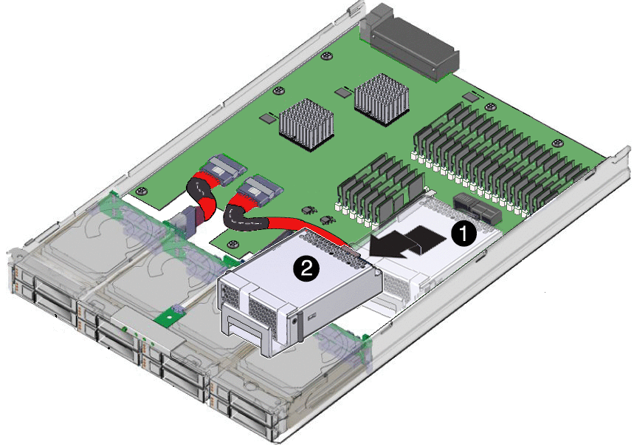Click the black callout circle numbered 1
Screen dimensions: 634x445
coord(464,234)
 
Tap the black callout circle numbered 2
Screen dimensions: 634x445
coord(306,268)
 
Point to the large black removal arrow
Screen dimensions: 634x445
coord(408,241)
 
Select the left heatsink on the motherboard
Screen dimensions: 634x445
coord(306,124)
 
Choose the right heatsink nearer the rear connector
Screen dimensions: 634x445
coord(382,98)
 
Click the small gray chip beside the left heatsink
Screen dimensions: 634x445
coord(267,118)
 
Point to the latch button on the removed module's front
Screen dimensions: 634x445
coord(294,320)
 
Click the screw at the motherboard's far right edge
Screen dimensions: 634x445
coord(557,143)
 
